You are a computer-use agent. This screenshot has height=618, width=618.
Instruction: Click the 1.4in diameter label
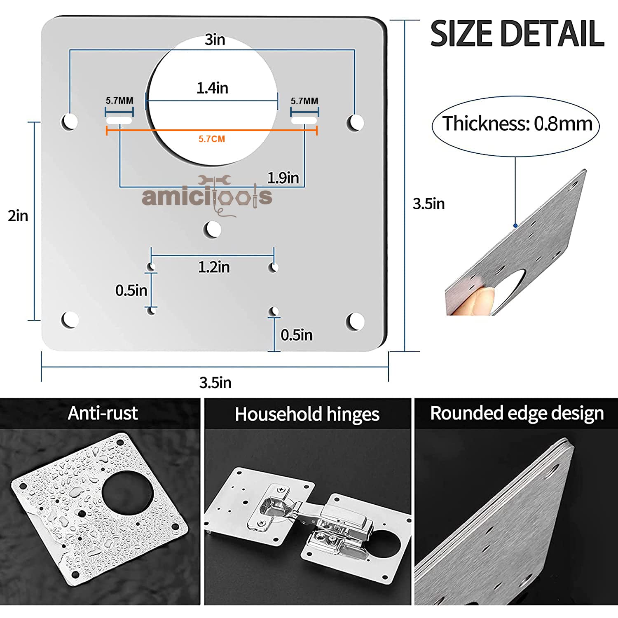[212, 88]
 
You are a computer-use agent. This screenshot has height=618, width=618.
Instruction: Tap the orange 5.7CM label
[212, 139]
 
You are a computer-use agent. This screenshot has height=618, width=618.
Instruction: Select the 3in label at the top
[215, 40]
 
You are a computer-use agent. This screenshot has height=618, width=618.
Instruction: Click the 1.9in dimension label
[283, 178]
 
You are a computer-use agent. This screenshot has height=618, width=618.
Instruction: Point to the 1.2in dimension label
[214, 267]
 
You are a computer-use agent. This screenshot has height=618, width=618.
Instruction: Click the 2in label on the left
[18, 216]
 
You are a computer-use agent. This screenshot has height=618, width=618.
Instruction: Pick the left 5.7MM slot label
[119, 101]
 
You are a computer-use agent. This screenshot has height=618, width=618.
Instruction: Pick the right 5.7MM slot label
[304, 101]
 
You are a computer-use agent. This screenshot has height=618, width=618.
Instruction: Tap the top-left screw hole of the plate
[70, 122]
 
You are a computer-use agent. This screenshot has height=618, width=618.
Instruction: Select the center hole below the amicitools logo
[213, 229]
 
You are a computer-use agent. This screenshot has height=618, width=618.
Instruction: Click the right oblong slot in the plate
[304, 121]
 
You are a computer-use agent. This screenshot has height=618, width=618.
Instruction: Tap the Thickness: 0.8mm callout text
[517, 124]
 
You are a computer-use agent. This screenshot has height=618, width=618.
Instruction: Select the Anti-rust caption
[103, 413]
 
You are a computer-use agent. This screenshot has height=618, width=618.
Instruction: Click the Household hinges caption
[307, 414]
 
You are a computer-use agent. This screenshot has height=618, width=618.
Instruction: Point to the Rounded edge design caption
[517, 413]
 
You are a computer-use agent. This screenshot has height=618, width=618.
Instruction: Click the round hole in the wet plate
[127, 494]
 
